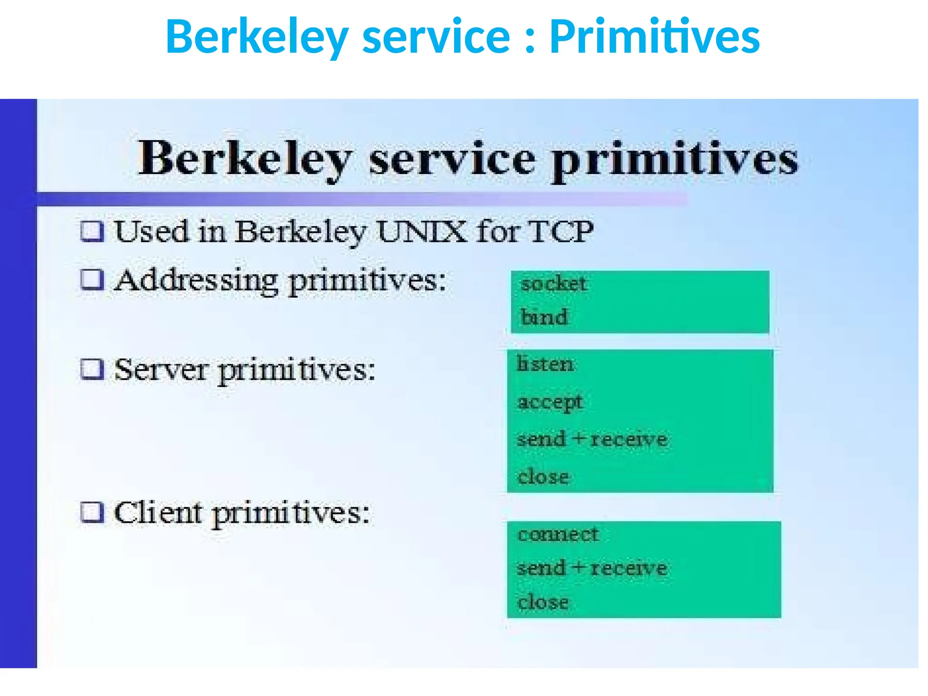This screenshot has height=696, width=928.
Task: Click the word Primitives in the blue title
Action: tap(654, 36)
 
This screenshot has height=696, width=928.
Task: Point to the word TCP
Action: tap(561, 232)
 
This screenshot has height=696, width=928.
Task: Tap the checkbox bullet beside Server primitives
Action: tap(92, 369)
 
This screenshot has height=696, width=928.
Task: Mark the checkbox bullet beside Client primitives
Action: tap(92, 512)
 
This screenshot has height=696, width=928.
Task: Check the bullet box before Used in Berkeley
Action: tap(92, 231)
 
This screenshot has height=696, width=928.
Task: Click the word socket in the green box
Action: tap(554, 284)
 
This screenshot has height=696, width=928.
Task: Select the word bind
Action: tap(544, 317)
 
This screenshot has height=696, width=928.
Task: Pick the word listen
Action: tap(545, 364)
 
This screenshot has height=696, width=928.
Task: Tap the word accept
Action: tap(550, 402)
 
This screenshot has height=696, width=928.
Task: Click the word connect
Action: tap(558, 535)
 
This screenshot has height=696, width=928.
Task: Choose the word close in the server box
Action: tap(543, 477)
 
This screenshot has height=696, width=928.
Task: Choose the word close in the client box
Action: tap(543, 602)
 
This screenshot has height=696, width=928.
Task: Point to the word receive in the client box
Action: tap(628, 568)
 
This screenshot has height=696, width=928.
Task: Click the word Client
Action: tap(158, 513)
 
